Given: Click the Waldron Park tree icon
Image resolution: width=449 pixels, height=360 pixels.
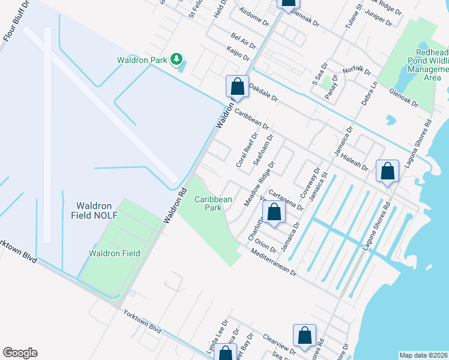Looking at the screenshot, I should click(x=176, y=59).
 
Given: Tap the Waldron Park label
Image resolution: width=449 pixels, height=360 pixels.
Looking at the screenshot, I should click(x=142, y=59).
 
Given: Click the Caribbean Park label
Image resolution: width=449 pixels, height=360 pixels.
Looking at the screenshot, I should click(x=212, y=203).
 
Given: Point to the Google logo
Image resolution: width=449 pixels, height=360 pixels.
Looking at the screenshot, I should click(x=20, y=353).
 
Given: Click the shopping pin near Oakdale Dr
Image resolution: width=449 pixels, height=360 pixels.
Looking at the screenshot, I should click(x=237, y=86).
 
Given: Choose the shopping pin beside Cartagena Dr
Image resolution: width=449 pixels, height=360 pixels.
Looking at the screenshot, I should click(x=274, y=212).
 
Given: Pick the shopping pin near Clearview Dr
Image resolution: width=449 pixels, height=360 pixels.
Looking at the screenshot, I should click(x=304, y=337).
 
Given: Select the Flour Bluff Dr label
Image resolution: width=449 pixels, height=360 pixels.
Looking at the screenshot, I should click(x=16, y=21).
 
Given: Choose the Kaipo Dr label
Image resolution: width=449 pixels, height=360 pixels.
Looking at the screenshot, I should click(x=238, y=53).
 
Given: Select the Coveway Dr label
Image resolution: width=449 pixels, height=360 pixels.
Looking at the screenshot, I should click(x=312, y=181).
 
